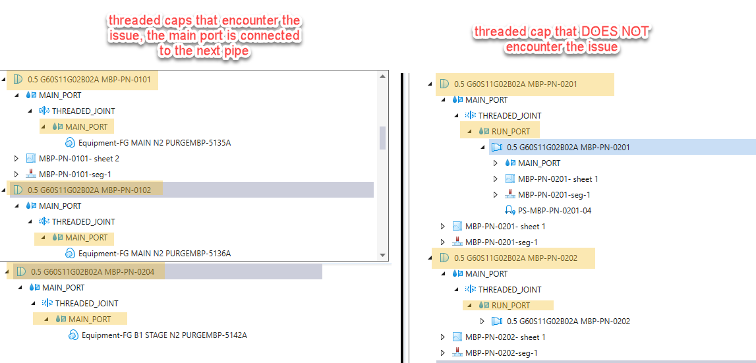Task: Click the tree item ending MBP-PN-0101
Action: pos(89,80)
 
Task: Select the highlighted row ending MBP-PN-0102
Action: pos(89,190)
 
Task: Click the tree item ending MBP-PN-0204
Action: pos(92,271)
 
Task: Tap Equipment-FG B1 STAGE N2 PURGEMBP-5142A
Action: pos(164,335)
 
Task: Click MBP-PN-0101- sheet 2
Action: pos(78,159)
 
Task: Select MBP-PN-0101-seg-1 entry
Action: pos(74,175)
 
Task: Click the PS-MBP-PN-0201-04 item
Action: pos(556,211)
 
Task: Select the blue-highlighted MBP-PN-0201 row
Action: pos(567,148)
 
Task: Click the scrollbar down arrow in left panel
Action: pos(382,255)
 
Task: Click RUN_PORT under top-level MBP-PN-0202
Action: pos(510,306)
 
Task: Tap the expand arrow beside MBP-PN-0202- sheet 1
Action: pos(443,337)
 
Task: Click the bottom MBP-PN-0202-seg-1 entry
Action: pos(501,353)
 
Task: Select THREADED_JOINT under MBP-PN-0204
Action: pos(86,304)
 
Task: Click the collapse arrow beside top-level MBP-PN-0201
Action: pos(430,84)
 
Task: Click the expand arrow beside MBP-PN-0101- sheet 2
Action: pos(16,159)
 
